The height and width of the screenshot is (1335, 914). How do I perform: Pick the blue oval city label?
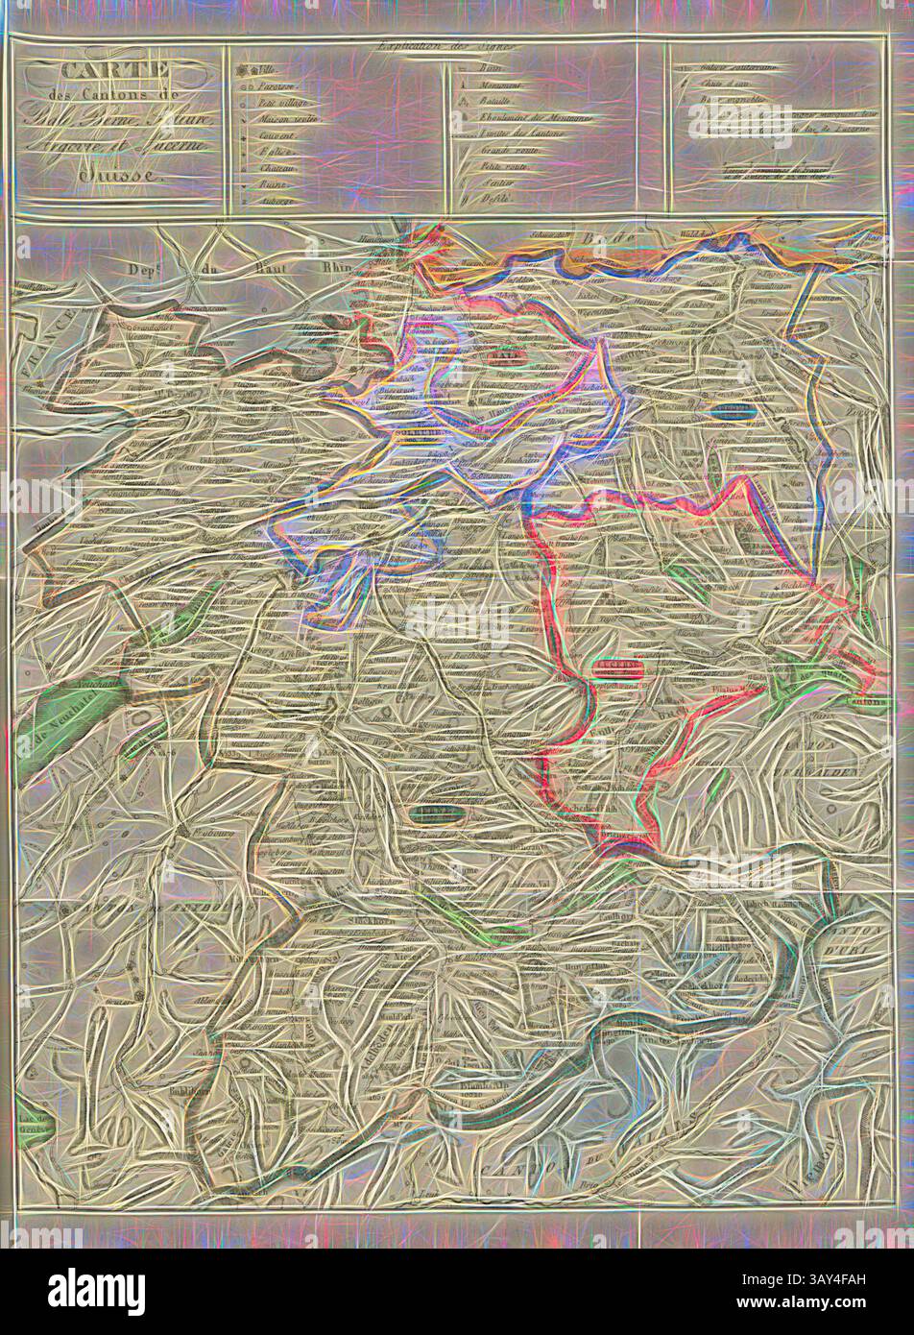click(736, 413)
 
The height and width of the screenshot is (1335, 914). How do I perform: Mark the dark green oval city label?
click(445, 814)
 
